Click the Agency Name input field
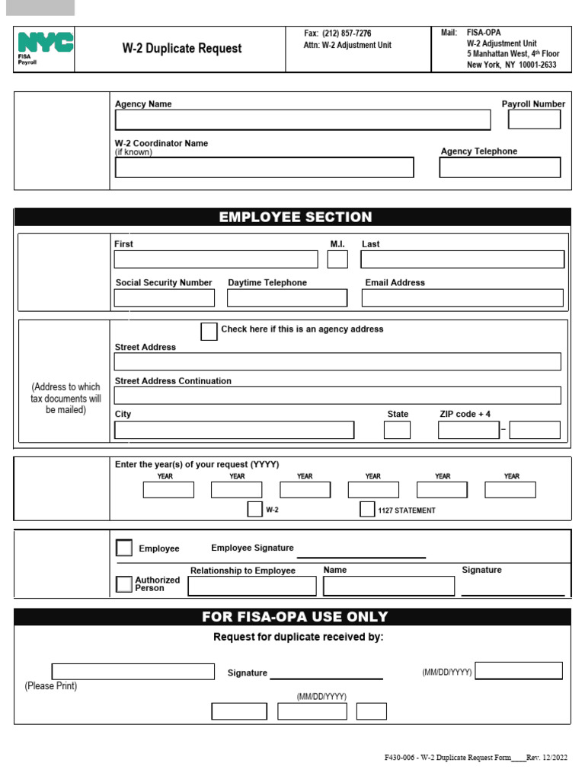click(302, 120)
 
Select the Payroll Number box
click(534, 119)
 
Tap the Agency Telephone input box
click(500, 167)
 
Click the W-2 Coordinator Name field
click(264, 167)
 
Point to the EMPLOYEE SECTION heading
click(296, 218)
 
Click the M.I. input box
click(337, 259)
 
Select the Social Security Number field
click(164, 297)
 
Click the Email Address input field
click(462, 297)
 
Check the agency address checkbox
click(209, 331)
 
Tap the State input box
click(397, 430)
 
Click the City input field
click(234, 430)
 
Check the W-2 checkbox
click(254, 510)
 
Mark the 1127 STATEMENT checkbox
click(367, 510)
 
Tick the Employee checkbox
click(123, 548)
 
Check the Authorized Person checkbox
click(123, 584)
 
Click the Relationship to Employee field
click(252, 586)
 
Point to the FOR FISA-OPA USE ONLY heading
click(295, 617)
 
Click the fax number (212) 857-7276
click(347, 33)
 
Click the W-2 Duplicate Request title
click(182, 49)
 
